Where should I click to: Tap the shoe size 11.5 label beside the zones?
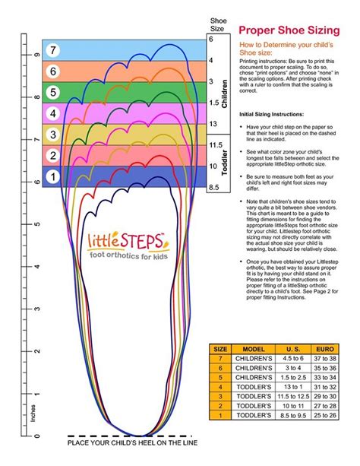[215, 145]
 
